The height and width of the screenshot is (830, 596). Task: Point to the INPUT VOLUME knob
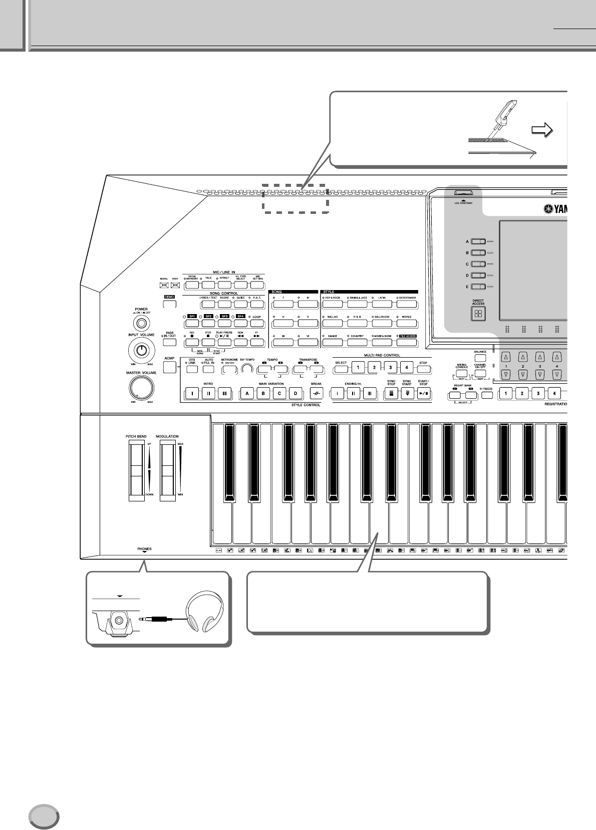[x=142, y=350]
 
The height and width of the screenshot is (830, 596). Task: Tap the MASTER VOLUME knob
[x=141, y=387]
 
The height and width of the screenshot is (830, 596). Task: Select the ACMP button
[x=170, y=367]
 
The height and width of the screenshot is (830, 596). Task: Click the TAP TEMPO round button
[x=247, y=369]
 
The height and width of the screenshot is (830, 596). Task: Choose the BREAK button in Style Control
[x=316, y=394]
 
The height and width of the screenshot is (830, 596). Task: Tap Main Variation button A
[x=247, y=394]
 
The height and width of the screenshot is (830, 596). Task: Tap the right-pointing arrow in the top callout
[x=542, y=131]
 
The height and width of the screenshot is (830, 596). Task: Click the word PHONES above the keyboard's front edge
[x=144, y=549]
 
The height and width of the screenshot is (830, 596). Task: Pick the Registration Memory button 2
[x=522, y=394]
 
